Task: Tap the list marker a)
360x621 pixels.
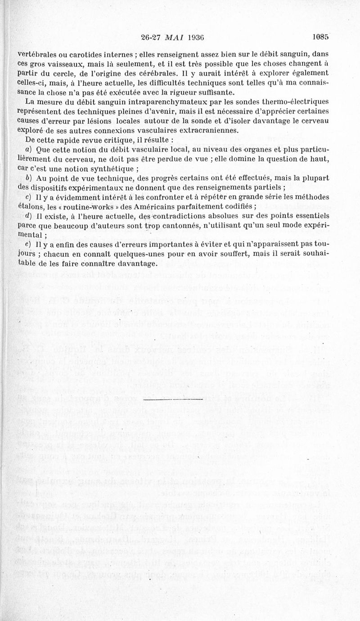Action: click(28, 150)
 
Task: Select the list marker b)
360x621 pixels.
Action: click(28, 179)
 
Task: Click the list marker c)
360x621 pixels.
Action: click(28, 198)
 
